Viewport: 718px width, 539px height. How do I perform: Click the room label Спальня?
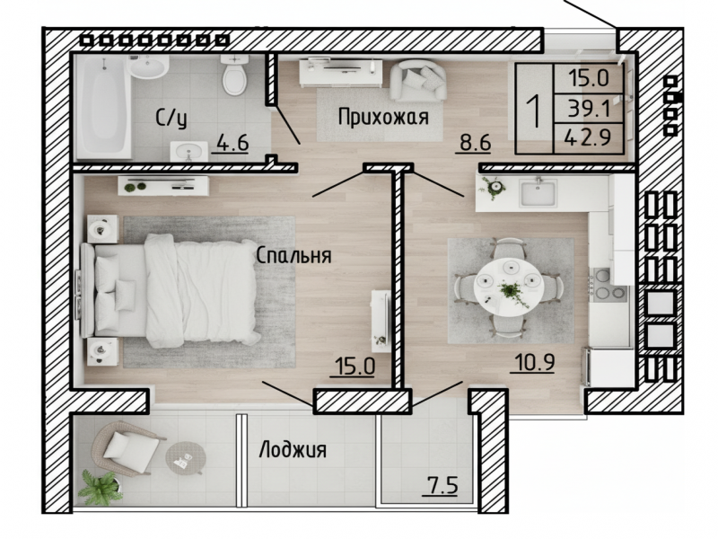point(293,256)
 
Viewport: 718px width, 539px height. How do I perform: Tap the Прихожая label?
point(383,118)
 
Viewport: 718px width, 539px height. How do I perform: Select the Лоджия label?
point(293,450)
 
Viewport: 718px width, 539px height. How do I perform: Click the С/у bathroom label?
point(171,119)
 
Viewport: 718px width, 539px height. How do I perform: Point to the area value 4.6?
point(232,143)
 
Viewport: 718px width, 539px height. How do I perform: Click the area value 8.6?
point(476,143)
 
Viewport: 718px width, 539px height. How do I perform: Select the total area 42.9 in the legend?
point(588,137)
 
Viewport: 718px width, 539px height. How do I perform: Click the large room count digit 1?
point(534,109)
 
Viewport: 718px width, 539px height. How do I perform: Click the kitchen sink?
point(538,192)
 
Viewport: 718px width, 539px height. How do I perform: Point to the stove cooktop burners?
point(609,285)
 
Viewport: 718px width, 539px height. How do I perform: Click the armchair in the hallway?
point(417,81)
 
